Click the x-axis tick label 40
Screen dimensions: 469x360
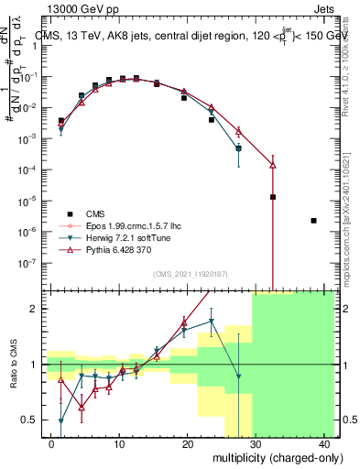(324, 443)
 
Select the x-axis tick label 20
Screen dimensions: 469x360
(188, 443)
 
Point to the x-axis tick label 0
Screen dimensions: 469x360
(51, 443)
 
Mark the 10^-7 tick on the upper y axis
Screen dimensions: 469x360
(32, 262)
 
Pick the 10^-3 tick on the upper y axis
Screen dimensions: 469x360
(32, 137)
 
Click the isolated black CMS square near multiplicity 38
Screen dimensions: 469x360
(314, 221)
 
